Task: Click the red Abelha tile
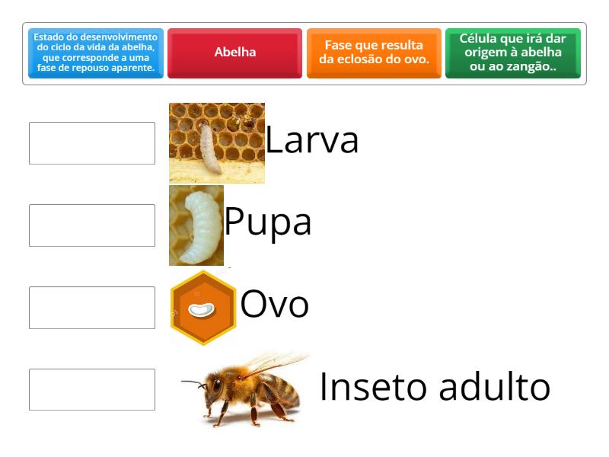click(x=234, y=53)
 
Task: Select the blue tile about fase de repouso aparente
click(x=96, y=53)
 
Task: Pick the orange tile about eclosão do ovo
click(x=374, y=53)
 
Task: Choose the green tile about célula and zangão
click(x=512, y=53)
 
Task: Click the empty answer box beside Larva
click(x=92, y=143)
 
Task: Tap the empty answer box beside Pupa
click(x=92, y=225)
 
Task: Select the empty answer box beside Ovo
click(x=92, y=308)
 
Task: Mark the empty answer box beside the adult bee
click(x=92, y=389)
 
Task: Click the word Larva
click(x=311, y=140)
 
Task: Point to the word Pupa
click(x=268, y=222)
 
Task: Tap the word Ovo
click(x=274, y=304)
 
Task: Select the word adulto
click(x=495, y=386)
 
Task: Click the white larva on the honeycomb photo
click(x=210, y=149)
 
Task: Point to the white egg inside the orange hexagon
click(x=201, y=310)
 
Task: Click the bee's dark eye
click(x=217, y=386)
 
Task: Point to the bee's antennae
click(x=194, y=384)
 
